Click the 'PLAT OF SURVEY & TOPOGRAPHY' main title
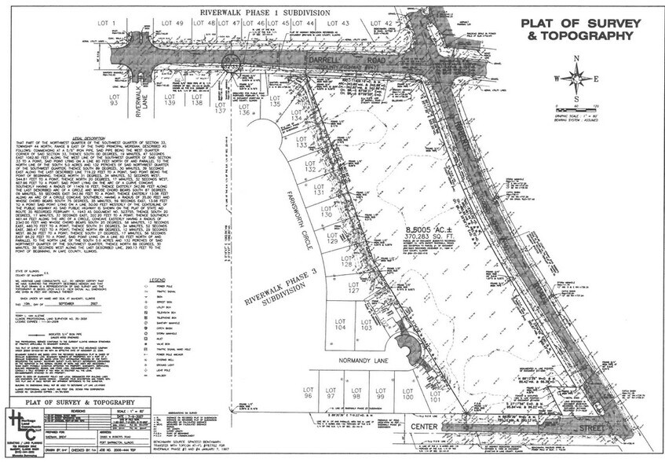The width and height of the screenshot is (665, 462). pyautogui.click(x=577, y=28)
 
